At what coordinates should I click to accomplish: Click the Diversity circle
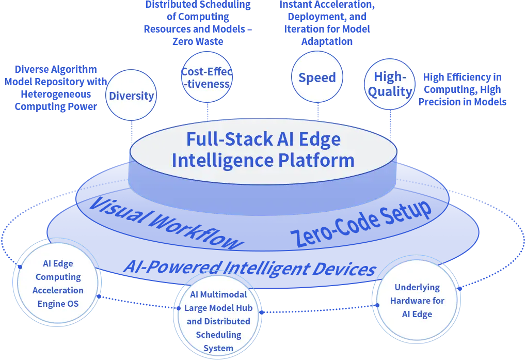coord(131,96)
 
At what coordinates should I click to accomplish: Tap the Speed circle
coord(317,77)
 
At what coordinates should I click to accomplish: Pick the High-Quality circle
coord(390,85)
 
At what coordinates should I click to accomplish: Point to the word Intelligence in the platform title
coord(222,160)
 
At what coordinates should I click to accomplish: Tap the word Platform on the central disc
coord(316,160)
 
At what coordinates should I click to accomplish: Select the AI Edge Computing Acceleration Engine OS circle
coord(58,284)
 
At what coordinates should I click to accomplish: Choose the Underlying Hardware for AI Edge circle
coord(417,301)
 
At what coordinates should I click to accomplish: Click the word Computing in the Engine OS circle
coord(58,277)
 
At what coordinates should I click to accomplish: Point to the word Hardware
coord(417,301)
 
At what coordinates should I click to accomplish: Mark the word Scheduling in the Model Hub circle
coord(218,335)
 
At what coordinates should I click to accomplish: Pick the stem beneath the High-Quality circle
coord(390,124)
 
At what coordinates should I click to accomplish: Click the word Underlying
coord(417,287)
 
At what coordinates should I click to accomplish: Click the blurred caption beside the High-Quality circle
coord(463,90)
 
